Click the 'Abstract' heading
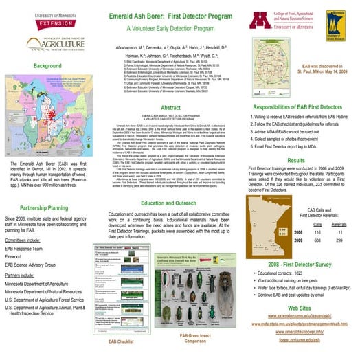point(170,109)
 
